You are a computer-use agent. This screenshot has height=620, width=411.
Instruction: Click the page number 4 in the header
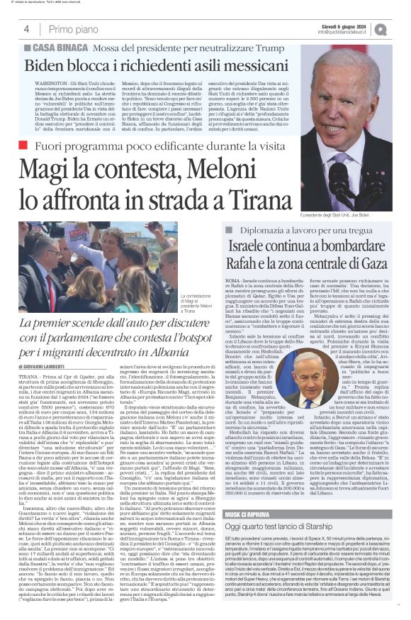[26, 29]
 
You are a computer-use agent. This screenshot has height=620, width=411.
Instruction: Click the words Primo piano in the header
[74, 29]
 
